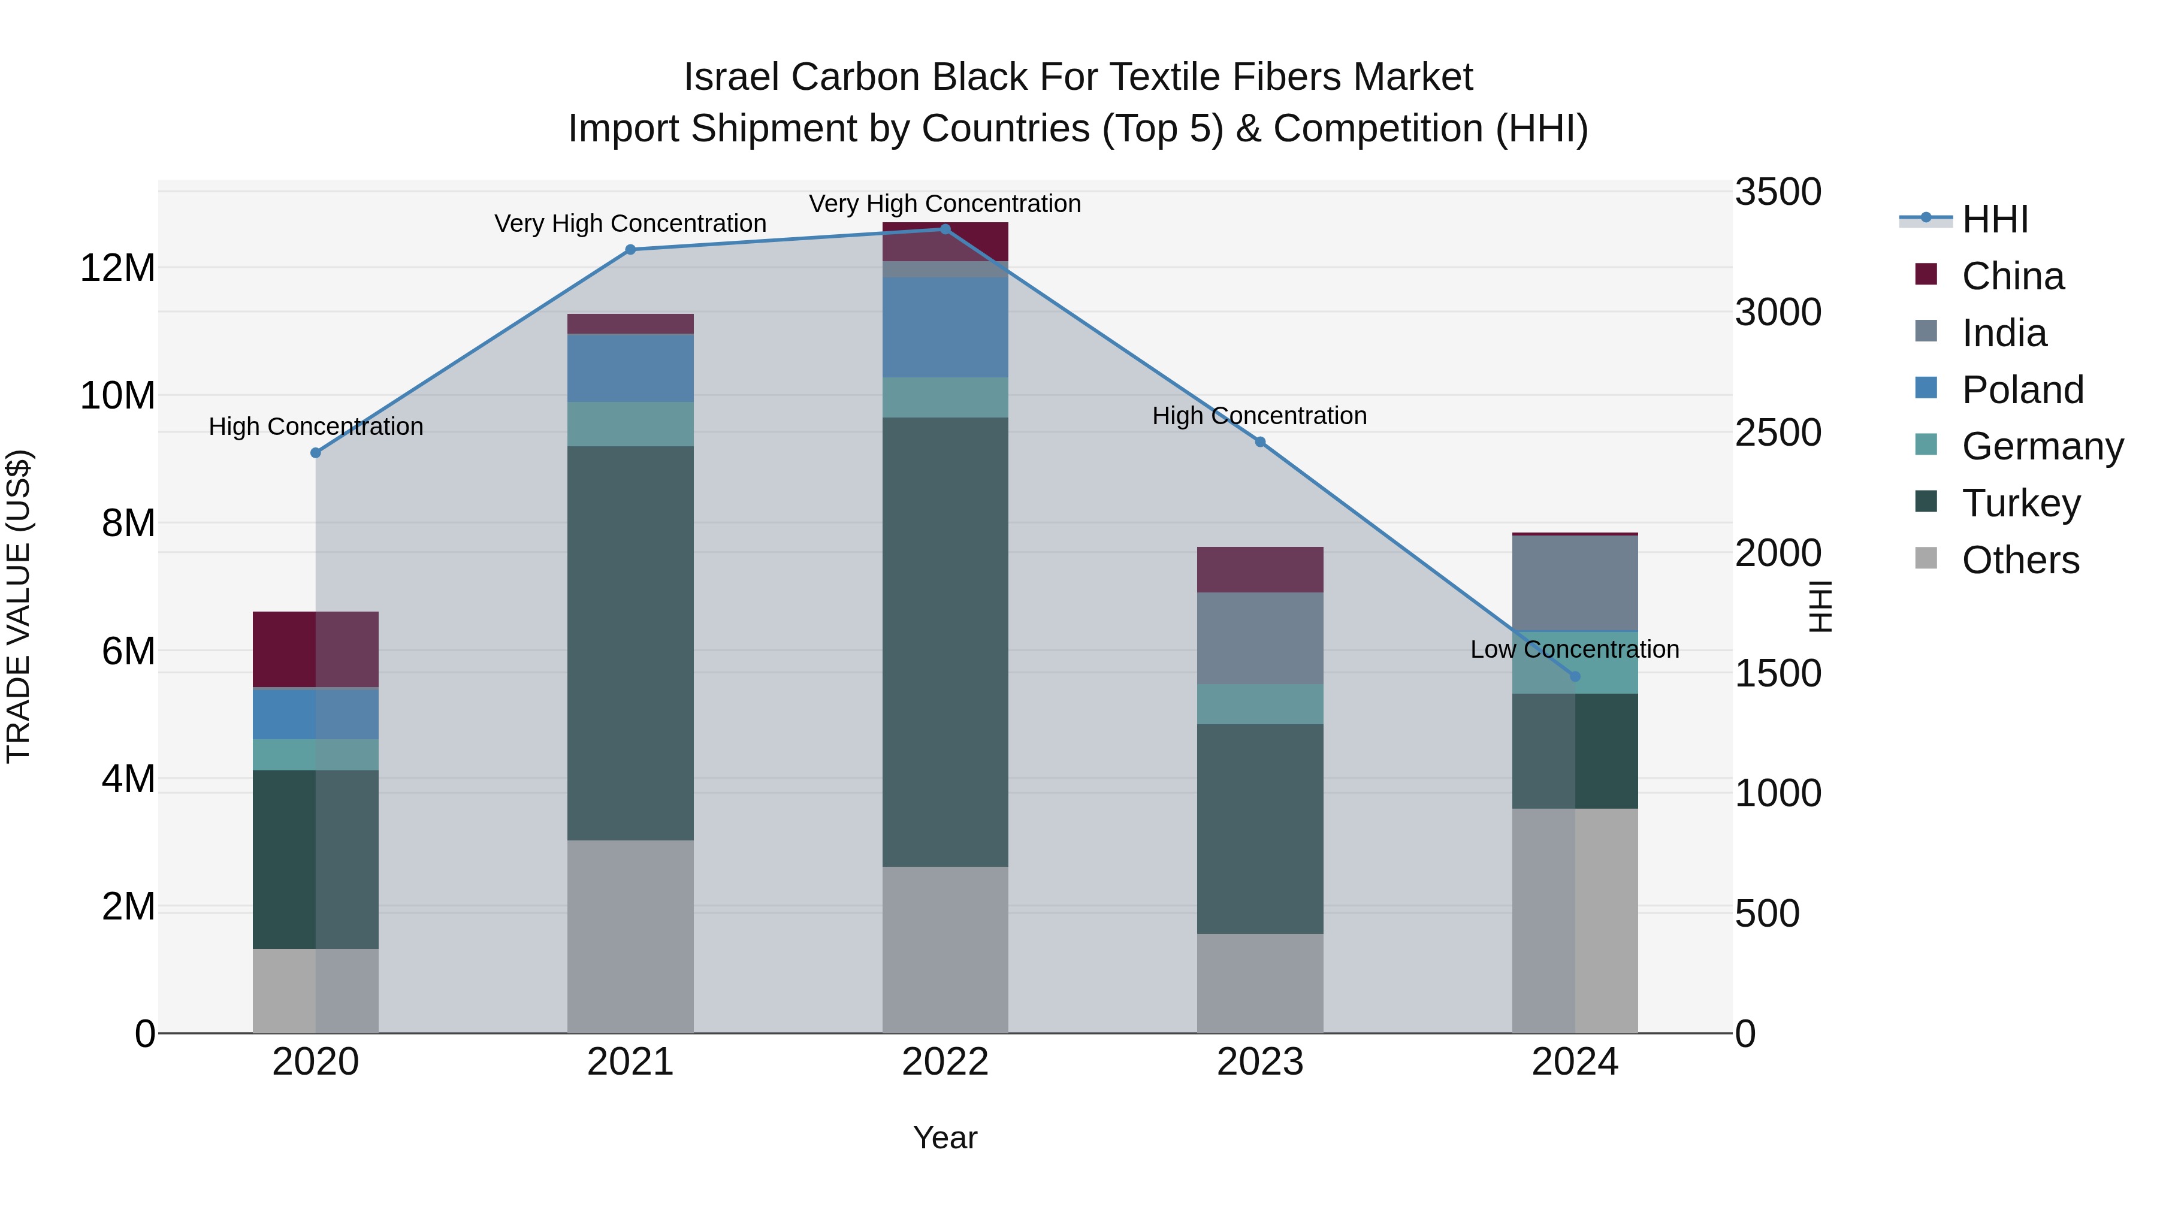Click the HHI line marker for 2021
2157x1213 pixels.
(630, 249)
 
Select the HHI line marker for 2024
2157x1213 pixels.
(1575, 676)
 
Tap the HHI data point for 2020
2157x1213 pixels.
(316, 453)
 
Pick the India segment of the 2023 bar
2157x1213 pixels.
(1260, 638)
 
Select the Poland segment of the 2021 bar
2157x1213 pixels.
(630, 368)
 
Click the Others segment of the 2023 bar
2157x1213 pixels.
(1260, 983)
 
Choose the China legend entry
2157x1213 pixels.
(2013, 276)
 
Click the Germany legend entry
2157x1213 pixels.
(2043, 446)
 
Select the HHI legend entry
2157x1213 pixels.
(1995, 219)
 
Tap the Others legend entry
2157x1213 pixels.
(2020, 560)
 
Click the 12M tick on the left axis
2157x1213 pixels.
(117, 269)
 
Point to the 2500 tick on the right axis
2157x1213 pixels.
(1778, 433)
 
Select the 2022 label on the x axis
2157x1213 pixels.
(945, 1062)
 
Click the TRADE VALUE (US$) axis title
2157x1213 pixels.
(19, 606)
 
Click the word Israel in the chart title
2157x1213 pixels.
(731, 77)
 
